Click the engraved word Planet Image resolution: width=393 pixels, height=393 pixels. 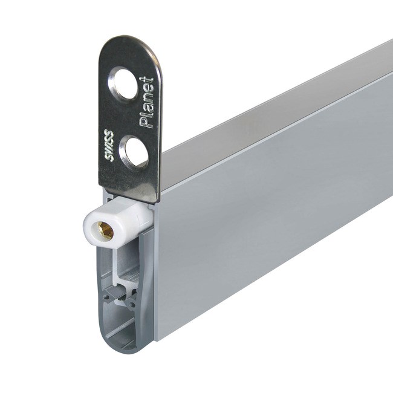(146, 103)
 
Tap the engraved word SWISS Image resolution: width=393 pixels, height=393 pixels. (109, 146)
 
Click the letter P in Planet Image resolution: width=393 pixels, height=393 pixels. (146, 123)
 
